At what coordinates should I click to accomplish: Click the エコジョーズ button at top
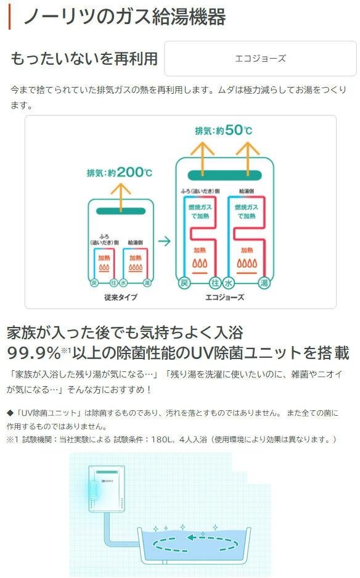(x=260, y=59)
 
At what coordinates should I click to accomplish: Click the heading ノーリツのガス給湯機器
(x=125, y=17)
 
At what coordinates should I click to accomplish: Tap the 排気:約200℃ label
(x=120, y=172)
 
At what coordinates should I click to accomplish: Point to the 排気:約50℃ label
(x=224, y=130)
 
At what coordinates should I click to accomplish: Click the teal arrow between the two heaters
(x=165, y=241)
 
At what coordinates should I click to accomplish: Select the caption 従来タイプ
(x=120, y=297)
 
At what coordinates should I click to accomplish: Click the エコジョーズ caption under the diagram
(x=225, y=297)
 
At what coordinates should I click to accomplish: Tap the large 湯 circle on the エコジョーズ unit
(x=264, y=283)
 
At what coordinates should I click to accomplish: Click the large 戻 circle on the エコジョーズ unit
(x=184, y=283)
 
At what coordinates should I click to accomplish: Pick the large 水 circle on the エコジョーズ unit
(x=229, y=283)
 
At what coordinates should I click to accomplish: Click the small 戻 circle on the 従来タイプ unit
(x=94, y=283)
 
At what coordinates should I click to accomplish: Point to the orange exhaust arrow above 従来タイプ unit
(x=121, y=197)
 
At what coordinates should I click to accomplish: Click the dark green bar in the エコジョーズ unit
(x=225, y=175)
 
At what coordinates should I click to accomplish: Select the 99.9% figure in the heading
(x=33, y=353)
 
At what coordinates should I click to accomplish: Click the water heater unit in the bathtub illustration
(x=107, y=489)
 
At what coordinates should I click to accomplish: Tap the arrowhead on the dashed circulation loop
(x=192, y=537)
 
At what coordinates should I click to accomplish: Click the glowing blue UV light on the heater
(x=94, y=490)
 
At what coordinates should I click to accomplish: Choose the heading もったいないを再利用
(x=84, y=59)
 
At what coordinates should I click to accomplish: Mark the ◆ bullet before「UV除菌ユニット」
(x=10, y=413)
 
